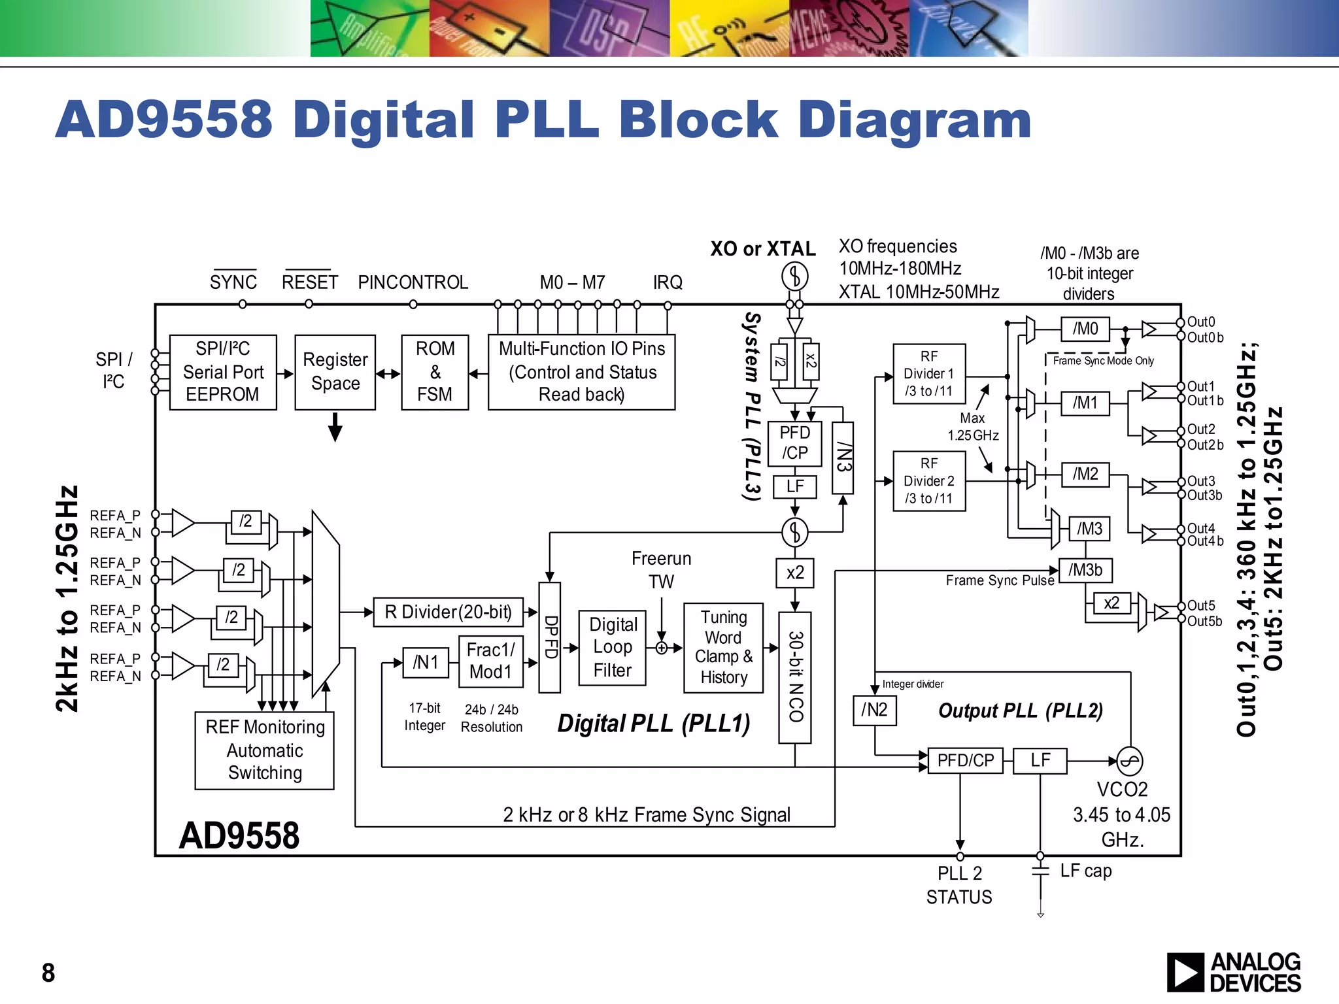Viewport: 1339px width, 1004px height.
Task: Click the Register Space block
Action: (335, 372)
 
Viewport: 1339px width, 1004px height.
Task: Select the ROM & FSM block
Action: (435, 372)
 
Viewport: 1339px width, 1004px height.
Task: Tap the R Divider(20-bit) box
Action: (449, 612)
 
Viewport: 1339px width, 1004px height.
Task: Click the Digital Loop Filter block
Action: (613, 647)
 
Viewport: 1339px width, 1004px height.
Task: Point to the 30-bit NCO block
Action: (795, 677)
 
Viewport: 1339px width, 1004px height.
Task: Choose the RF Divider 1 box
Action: (929, 374)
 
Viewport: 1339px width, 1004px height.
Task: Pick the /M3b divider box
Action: (1085, 570)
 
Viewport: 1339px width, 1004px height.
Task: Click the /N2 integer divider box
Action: (874, 710)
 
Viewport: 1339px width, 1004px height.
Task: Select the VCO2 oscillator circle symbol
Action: (1129, 761)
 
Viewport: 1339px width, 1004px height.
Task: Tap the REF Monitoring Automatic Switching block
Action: (265, 750)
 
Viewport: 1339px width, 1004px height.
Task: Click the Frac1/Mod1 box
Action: (491, 661)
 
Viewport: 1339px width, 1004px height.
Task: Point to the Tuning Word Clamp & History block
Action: (723, 647)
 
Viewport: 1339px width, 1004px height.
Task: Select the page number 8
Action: (48, 973)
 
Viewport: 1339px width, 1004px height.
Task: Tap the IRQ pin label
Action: (668, 282)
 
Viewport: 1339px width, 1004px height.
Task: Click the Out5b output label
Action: (1204, 621)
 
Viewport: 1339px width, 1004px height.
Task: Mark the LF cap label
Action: (1085, 871)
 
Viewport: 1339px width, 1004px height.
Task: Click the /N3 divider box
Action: (843, 458)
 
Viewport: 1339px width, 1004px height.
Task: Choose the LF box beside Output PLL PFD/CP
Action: (1040, 761)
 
